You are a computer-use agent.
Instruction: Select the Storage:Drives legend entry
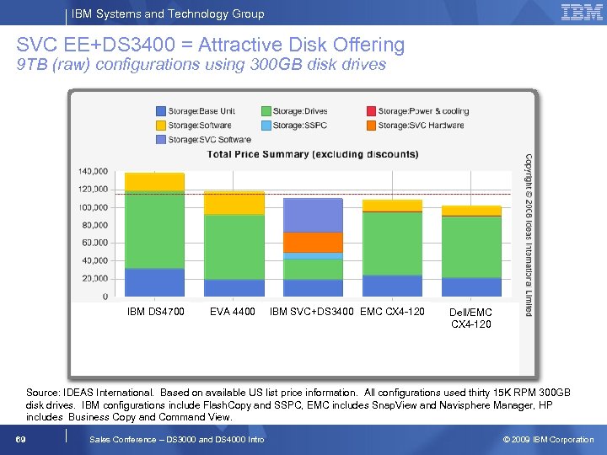coord(294,111)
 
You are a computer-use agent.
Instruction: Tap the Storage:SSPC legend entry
coord(294,126)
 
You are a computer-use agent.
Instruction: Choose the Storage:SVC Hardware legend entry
coord(414,126)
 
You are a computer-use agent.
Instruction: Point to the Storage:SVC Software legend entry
coord(202,139)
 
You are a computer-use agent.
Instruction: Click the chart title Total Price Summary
coord(313,154)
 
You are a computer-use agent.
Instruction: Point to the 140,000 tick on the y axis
coord(93,171)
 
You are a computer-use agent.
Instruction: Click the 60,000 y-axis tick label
coord(94,243)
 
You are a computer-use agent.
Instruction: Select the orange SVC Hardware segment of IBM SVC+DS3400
coord(313,242)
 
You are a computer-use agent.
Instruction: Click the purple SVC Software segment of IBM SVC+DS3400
coord(313,215)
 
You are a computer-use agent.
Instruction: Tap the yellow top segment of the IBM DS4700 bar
coord(154,181)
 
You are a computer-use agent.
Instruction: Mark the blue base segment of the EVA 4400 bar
coord(234,287)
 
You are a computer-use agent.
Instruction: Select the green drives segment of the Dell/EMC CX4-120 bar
coord(471,246)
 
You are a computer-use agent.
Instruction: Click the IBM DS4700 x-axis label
coord(155,313)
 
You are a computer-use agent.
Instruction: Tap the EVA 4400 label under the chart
coord(233,313)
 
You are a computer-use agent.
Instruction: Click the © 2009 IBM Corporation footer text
coord(548,439)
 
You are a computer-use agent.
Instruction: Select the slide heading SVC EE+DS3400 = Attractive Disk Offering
coord(211,45)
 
